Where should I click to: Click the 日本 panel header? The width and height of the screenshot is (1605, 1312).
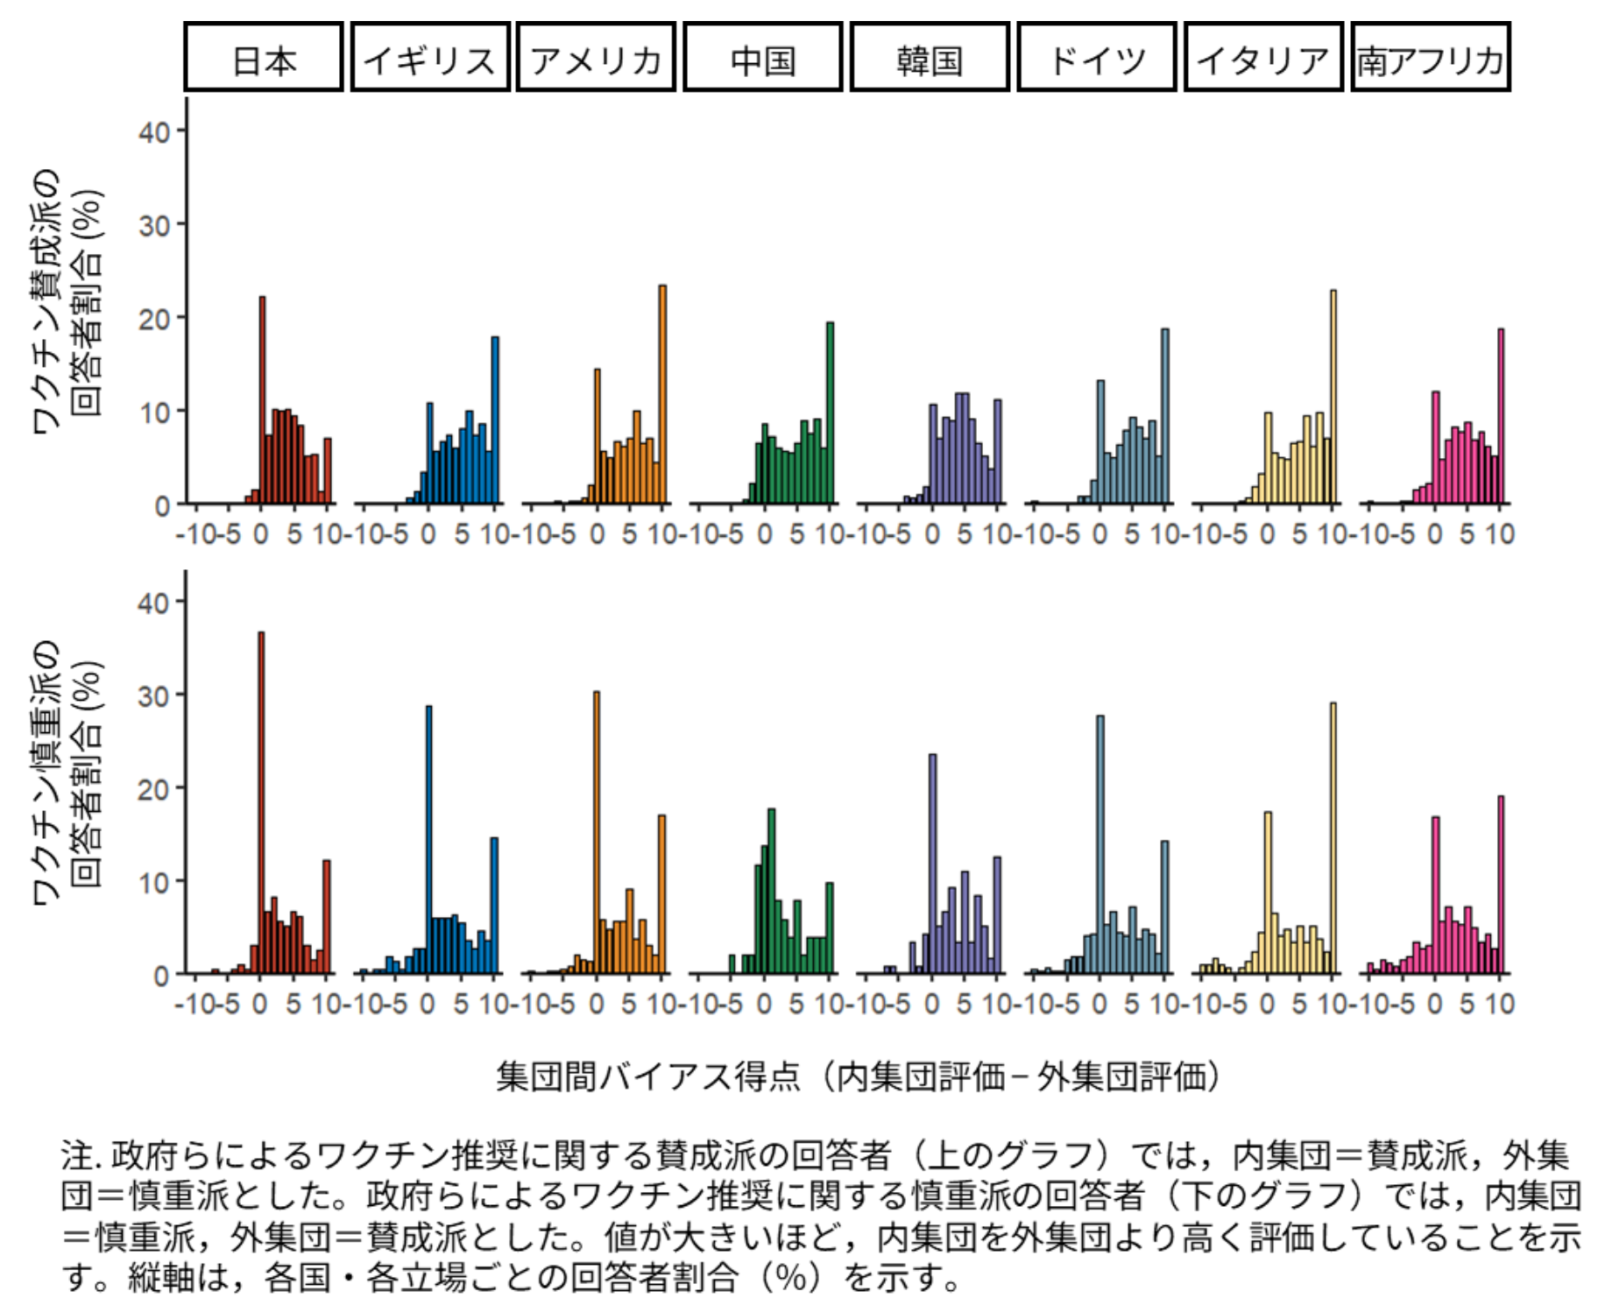[x=263, y=58]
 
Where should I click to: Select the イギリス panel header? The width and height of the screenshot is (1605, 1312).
[x=430, y=58]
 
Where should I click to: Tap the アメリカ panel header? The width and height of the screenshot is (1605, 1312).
[x=596, y=58]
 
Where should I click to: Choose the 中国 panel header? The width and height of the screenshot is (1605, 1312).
[x=762, y=58]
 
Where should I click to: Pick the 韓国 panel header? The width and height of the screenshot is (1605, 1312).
[x=930, y=58]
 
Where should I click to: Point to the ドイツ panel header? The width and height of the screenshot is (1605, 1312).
[x=1097, y=58]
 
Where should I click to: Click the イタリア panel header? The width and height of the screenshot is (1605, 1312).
[x=1263, y=58]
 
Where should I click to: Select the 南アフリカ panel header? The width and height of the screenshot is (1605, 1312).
[x=1431, y=58]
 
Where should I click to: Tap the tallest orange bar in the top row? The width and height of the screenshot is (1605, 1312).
[x=662, y=394]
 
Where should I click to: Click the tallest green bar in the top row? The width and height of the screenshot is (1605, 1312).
[x=830, y=413]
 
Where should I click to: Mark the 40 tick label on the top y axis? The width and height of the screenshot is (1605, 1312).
[x=154, y=132]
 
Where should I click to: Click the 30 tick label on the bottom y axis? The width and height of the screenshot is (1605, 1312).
[x=154, y=696]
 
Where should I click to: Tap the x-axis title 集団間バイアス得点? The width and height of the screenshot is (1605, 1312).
[x=647, y=1076]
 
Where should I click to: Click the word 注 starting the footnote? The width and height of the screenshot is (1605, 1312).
[x=76, y=1156]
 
